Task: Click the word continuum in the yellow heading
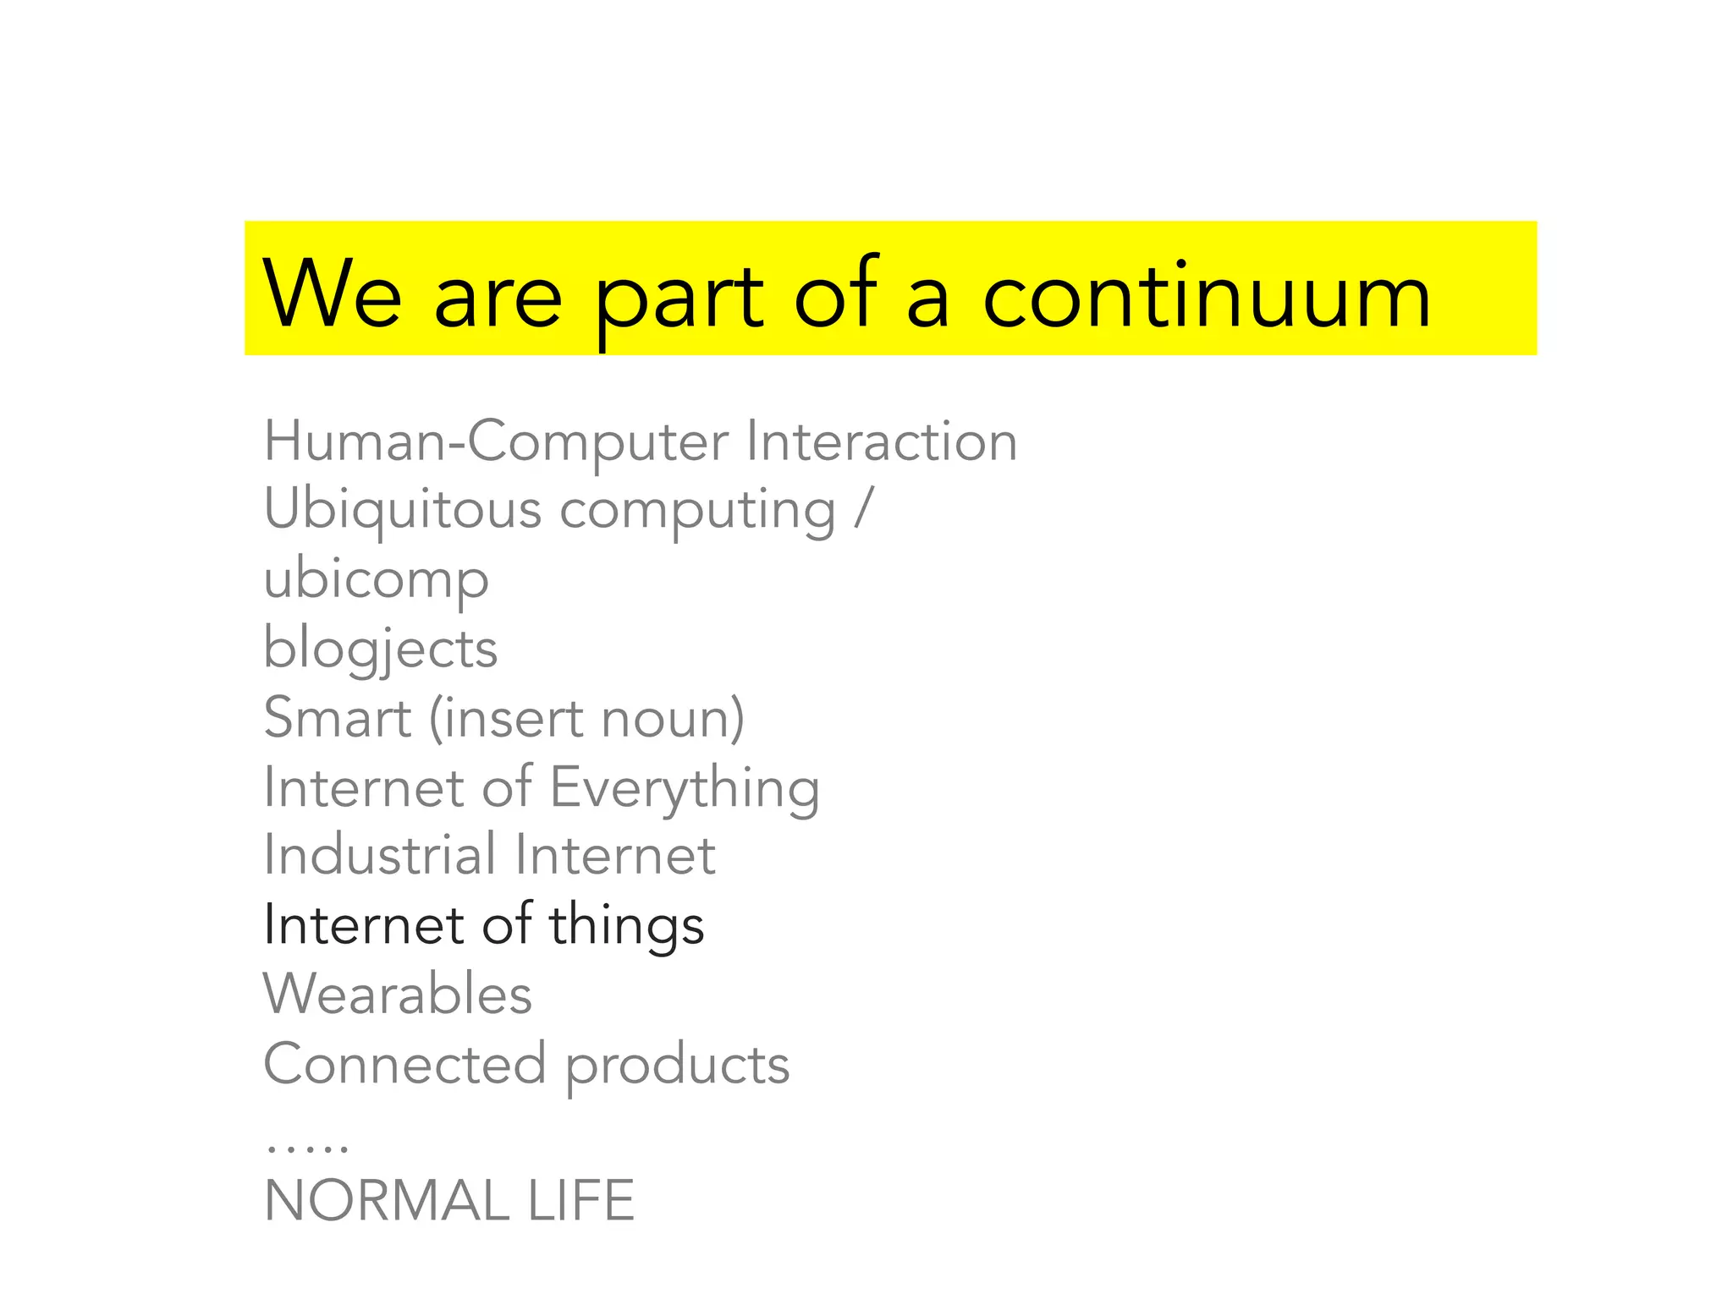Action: [x=1206, y=296]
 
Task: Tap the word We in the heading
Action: [x=332, y=293]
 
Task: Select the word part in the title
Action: [x=679, y=300]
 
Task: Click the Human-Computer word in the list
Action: [x=496, y=442]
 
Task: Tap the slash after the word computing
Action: [x=862, y=510]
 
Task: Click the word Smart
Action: [x=338, y=718]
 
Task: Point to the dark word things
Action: [x=626, y=926]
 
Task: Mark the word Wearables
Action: [x=398, y=994]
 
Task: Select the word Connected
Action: [x=404, y=1064]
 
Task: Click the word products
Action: [x=677, y=1066]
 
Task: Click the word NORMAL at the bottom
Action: [x=387, y=1201]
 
